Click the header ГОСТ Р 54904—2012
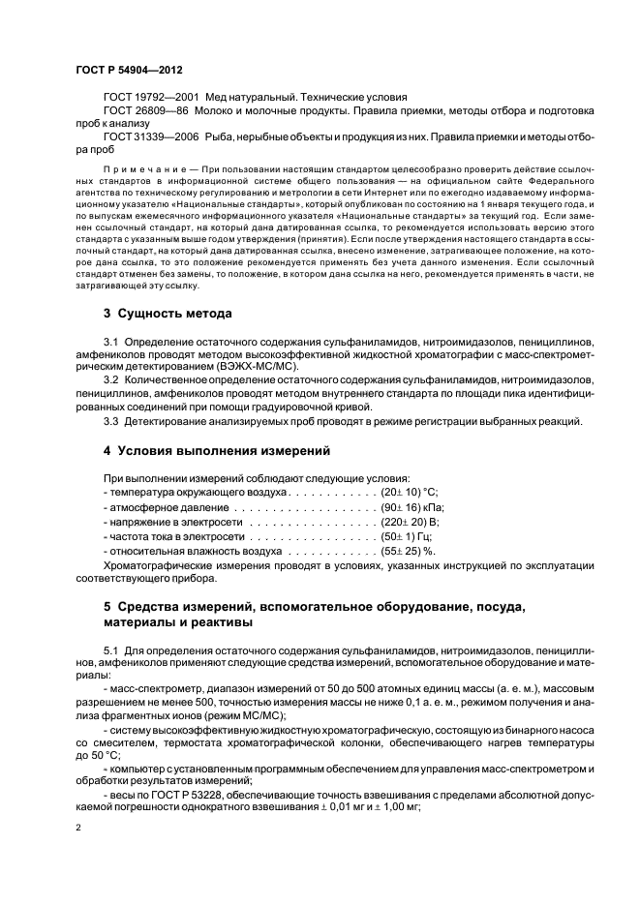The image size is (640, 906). tap(129, 72)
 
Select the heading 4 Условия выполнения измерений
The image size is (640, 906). tap(217, 451)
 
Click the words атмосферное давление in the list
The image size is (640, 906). tap(159, 506)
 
